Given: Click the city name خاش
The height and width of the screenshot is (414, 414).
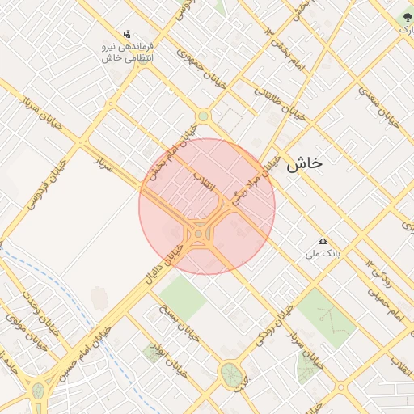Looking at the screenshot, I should (x=304, y=163).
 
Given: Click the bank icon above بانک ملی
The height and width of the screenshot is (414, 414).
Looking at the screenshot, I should (x=323, y=241).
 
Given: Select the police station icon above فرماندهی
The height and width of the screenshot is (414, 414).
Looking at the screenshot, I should (x=126, y=34).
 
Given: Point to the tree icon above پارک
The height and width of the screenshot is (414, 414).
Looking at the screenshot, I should (x=407, y=16).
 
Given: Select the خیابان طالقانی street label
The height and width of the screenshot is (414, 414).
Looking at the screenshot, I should (x=281, y=103).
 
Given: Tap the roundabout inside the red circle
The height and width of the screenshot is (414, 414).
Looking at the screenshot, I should (x=198, y=235).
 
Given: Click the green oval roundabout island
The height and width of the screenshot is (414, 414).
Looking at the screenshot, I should (x=230, y=374).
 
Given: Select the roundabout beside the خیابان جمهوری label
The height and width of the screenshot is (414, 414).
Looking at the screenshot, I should (x=203, y=116).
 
